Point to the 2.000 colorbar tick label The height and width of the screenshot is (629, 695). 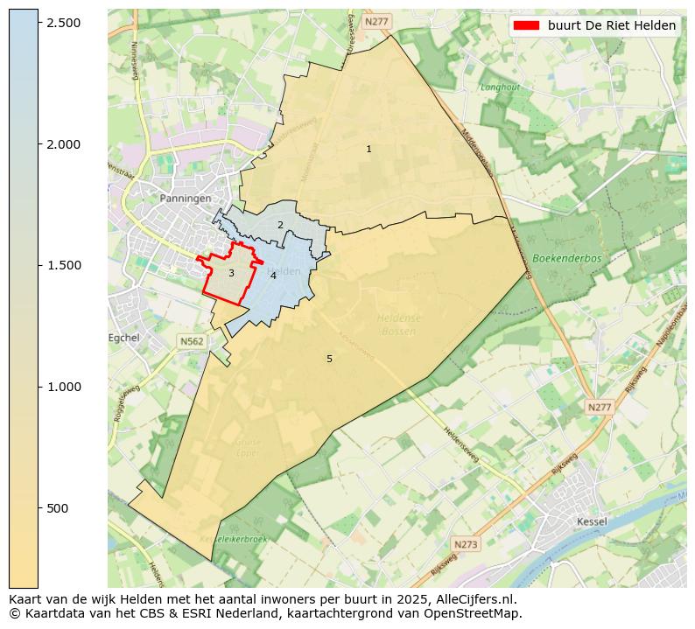(65, 144)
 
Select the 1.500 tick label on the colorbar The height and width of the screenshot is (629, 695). (65, 266)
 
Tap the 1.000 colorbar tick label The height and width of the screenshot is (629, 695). (65, 388)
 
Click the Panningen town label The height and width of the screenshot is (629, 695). (186, 199)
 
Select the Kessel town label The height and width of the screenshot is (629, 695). (593, 521)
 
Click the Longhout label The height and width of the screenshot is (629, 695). (500, 87)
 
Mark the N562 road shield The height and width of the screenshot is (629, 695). (192, 341)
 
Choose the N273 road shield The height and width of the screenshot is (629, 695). (467, 544)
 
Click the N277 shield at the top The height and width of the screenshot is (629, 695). (377, 21)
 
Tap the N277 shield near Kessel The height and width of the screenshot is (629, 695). (600, 408)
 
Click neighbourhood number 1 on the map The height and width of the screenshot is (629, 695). (369, 150)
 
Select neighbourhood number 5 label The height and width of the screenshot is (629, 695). (329, 359)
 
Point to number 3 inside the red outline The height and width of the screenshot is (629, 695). (231, 274)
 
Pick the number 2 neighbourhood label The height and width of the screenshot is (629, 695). (280, 225)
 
